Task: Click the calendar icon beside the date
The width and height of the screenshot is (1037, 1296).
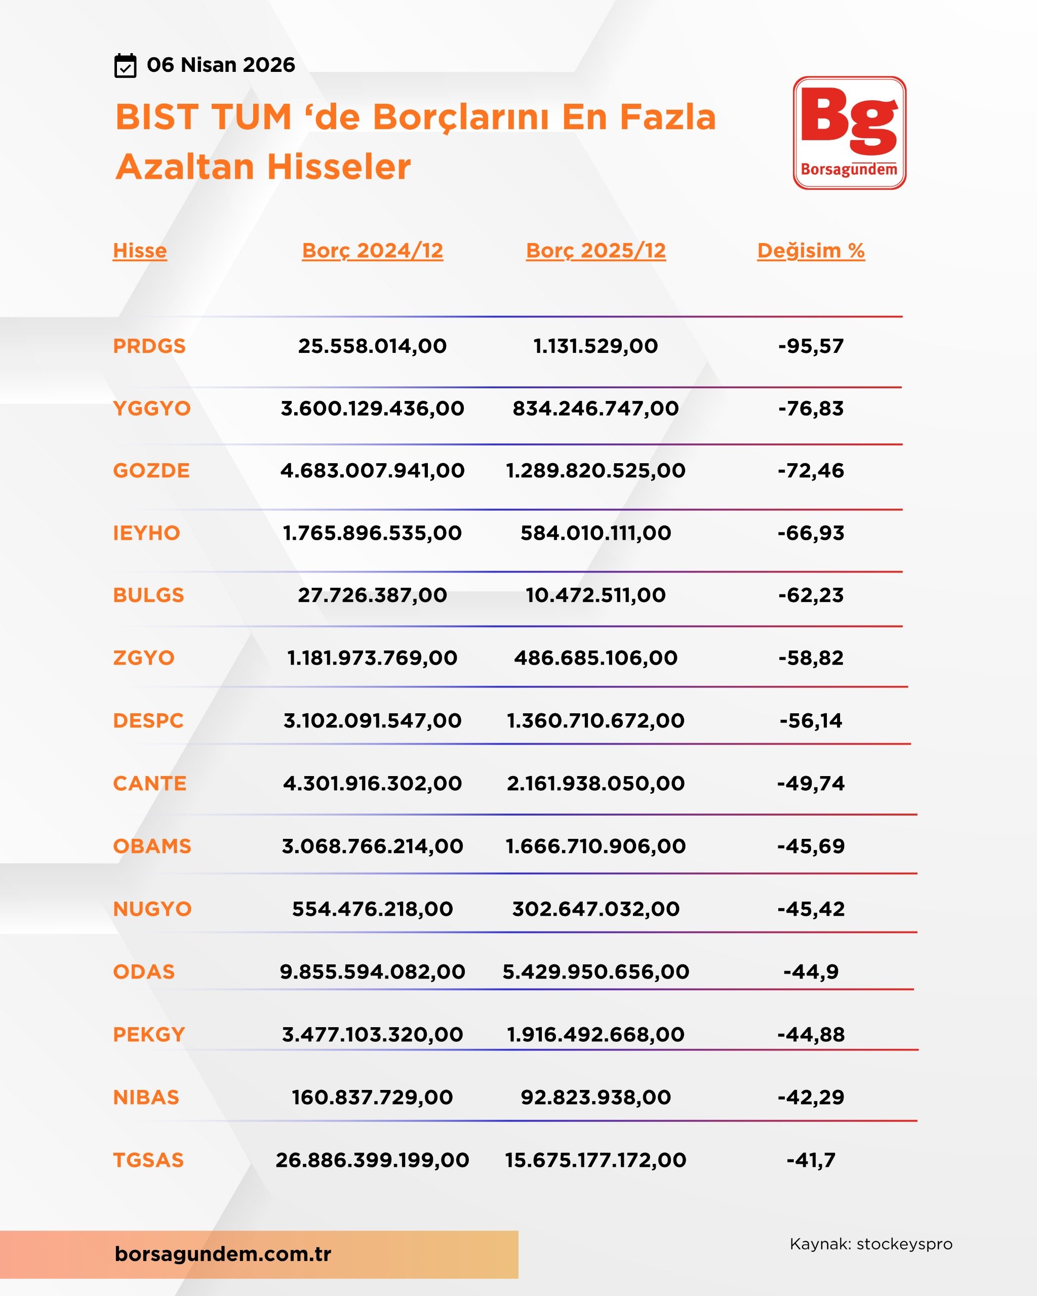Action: coord(125,65)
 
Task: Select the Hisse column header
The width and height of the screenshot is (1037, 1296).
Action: coord(139,250)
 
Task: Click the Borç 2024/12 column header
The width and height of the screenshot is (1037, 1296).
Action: coord(372,250)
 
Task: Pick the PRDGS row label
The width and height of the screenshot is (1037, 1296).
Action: coord(149,346)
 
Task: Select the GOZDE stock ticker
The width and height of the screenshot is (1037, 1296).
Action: coord(151,470)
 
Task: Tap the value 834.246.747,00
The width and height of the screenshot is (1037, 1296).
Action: coord(595,408)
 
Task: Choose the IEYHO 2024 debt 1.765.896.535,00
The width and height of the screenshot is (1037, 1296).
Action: coord(372,533)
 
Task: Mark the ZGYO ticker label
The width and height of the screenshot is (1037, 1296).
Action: coord(144,658)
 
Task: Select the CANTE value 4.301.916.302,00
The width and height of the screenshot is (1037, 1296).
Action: coord(372,783)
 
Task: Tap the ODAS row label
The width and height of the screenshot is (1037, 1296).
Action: coord(144,971)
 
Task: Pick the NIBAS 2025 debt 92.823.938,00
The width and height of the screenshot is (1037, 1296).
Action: coord(595,1097)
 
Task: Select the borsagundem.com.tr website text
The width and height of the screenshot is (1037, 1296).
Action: coord(222,1253)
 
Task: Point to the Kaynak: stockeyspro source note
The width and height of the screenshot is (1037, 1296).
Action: coord(870,1244)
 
